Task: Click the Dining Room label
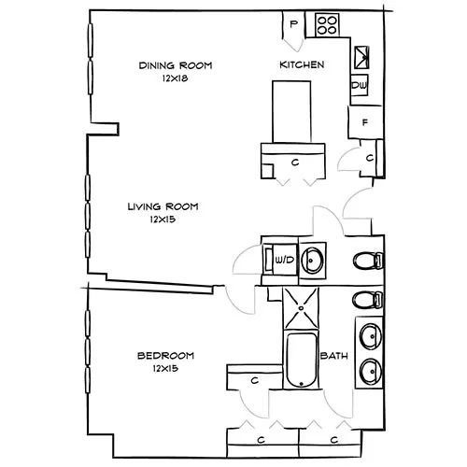click(x=175, y=65)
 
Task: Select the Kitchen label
click(x=302, y=65)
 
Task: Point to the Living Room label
click(x=164, y=206)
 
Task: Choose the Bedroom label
click(x=164, y=356)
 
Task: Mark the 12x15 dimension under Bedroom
click(x=164, y=369)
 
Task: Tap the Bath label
click(x=333, y=357)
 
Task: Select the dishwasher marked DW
click(x=359, y=86)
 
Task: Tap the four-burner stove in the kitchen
click(x=328, y=24)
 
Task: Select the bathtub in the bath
click(x=300, y=359)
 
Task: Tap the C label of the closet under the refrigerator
click(x=370, y=159)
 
